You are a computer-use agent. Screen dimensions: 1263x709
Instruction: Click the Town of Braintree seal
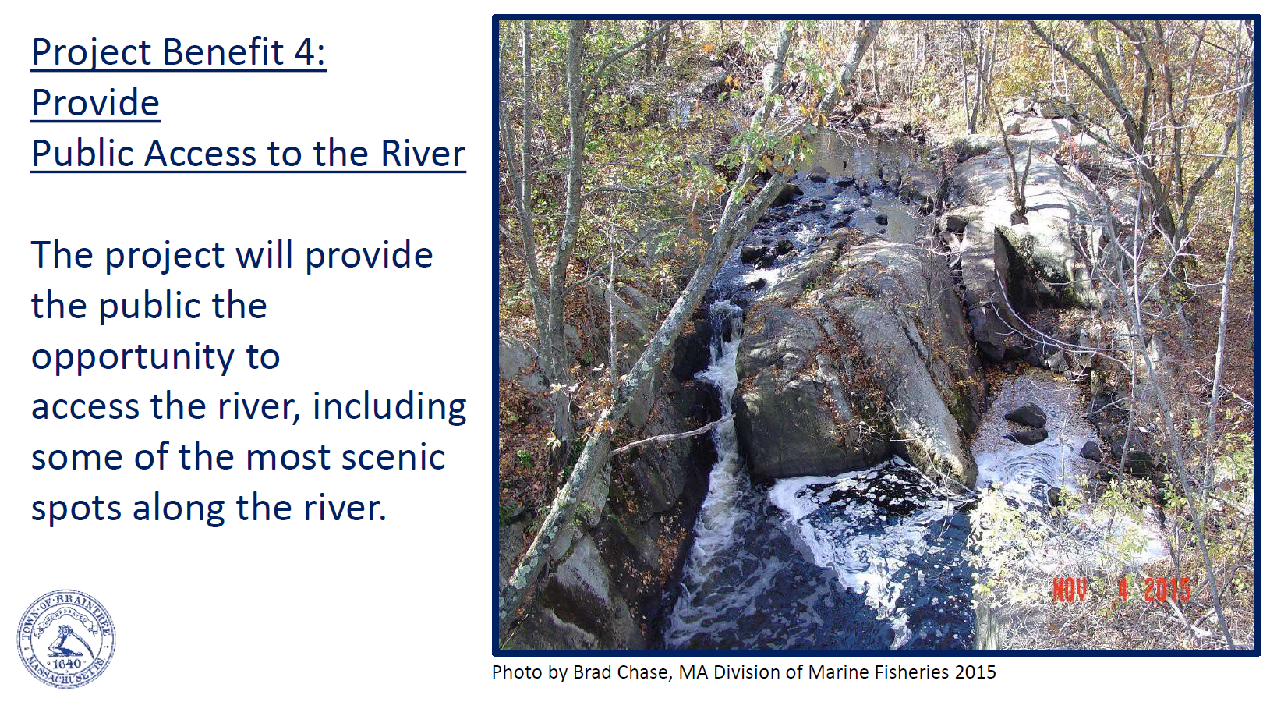[x=66, y=639]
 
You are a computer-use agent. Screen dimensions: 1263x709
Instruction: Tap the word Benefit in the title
[x=223, y=51]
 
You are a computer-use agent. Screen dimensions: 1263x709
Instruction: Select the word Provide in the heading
[x=95, y=102]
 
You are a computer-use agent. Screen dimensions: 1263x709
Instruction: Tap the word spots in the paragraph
[x=76, y=509]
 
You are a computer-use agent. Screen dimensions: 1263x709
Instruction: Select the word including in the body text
[x=389, y=407]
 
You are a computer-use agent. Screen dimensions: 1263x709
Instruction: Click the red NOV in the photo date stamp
[x=1070, y=590]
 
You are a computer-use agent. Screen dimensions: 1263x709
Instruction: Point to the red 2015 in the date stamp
[x=1167, y=590]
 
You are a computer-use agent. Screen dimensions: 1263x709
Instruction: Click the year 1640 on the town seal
[x=66, y=663]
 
